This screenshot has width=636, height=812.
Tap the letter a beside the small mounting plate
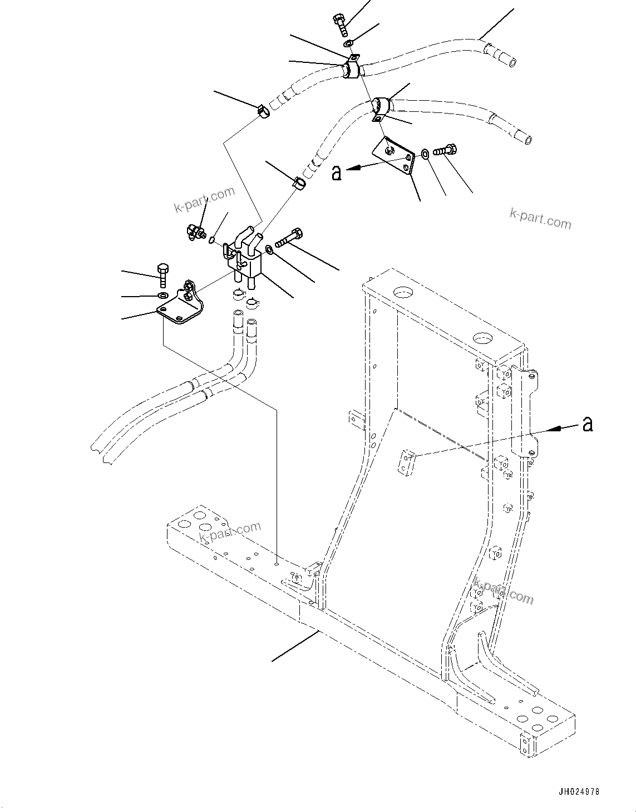tap(336, 173)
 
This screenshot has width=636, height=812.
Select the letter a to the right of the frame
tap(587, 425)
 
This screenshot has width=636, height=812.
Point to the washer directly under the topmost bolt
tap(348, 43)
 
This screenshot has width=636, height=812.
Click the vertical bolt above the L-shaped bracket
tap(162, 274)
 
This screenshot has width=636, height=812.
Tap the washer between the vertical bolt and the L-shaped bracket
tap(162, 294)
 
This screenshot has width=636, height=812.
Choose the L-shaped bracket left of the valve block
tap(181, 305)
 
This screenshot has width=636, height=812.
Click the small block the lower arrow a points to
tap(407, 462)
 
